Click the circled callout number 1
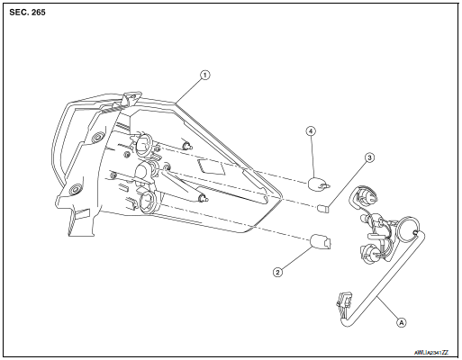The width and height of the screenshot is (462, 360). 205,75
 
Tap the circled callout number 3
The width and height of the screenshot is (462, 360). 368,157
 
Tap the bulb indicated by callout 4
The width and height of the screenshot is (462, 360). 318,184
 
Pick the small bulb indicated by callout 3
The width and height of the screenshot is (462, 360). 325,209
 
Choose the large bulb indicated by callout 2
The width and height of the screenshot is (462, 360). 319,241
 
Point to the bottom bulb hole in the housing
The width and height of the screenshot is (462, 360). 148,201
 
